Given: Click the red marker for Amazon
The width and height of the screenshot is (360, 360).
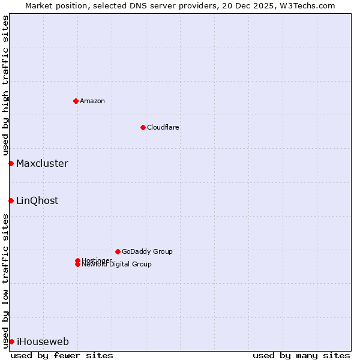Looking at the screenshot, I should [76, 101].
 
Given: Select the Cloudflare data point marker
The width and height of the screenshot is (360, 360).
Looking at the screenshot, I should [143, 127].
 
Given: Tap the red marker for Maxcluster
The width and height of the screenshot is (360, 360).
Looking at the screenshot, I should [11, 163].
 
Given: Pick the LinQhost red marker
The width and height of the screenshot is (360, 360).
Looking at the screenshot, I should [11, 200].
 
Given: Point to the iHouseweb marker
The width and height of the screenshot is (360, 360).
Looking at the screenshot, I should [11, 341].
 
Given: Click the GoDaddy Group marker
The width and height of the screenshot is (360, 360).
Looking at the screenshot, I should [118, 251].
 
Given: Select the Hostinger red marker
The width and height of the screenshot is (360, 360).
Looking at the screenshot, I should [77, 260].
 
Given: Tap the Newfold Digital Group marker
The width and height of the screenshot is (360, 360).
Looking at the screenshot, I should [77, 265].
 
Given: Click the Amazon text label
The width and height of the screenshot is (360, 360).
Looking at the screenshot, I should [92, 101].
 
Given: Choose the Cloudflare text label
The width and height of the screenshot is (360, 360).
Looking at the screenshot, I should [163, 127].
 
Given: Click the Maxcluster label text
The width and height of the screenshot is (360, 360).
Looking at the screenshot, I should [42, 163].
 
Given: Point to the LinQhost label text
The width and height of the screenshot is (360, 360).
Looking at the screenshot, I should [37, 200].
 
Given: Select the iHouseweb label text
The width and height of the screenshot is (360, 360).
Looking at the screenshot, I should [43, 341].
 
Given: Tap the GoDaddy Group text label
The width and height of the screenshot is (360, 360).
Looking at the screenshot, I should [147, 251].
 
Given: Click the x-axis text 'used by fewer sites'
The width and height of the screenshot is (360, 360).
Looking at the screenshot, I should [62, 355].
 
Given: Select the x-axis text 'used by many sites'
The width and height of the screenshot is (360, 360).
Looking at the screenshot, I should [301, 355].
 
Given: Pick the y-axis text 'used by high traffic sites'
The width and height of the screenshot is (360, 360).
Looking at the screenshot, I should [5, 85].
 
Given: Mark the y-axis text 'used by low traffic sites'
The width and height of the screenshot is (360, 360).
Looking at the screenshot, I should [5, 281].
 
